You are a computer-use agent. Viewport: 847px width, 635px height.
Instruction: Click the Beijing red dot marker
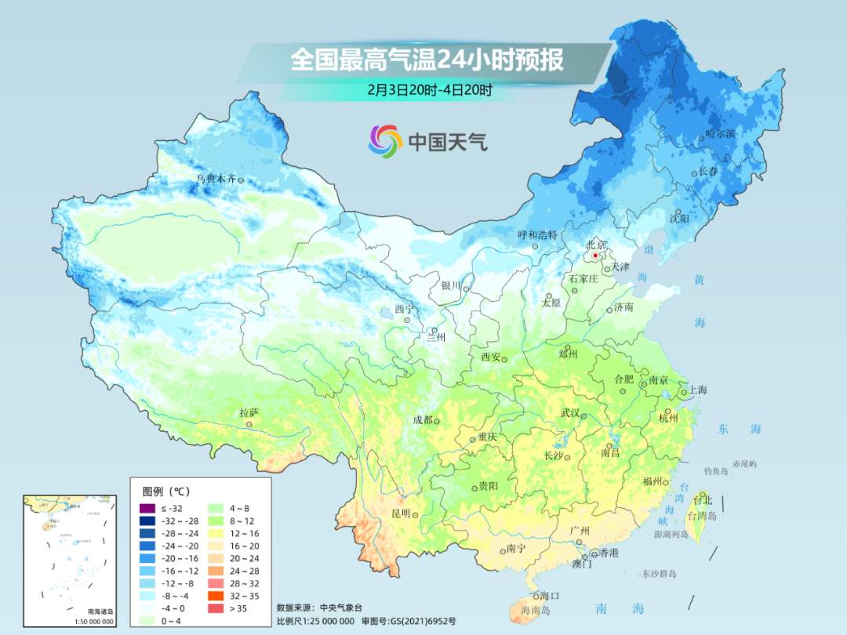(x=595, y=256)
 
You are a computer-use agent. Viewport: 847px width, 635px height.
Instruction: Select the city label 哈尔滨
(x=721, y=134)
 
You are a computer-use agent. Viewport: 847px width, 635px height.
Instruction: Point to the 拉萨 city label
(x=249, y=412)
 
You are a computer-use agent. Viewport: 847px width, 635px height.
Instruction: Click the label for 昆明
(x=400, y=513)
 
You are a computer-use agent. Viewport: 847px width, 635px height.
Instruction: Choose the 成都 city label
(x=423, y=419)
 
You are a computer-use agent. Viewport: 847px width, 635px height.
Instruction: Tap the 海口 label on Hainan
(x=550, y=596)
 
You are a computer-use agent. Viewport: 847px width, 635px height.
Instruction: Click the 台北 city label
(x=703, y=500)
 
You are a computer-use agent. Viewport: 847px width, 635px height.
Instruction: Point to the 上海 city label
(x=697, y=390)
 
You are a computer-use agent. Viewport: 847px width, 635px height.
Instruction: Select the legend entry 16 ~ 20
(x=238, y=546)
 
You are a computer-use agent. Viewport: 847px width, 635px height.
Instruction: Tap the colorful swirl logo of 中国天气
(x=386, y=141)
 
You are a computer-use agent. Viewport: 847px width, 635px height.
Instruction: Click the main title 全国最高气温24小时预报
(x=427, y=60)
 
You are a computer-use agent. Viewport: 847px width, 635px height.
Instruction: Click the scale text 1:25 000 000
(x=321, y=621)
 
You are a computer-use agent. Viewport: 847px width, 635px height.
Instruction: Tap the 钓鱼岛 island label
(x=717, y=471)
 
